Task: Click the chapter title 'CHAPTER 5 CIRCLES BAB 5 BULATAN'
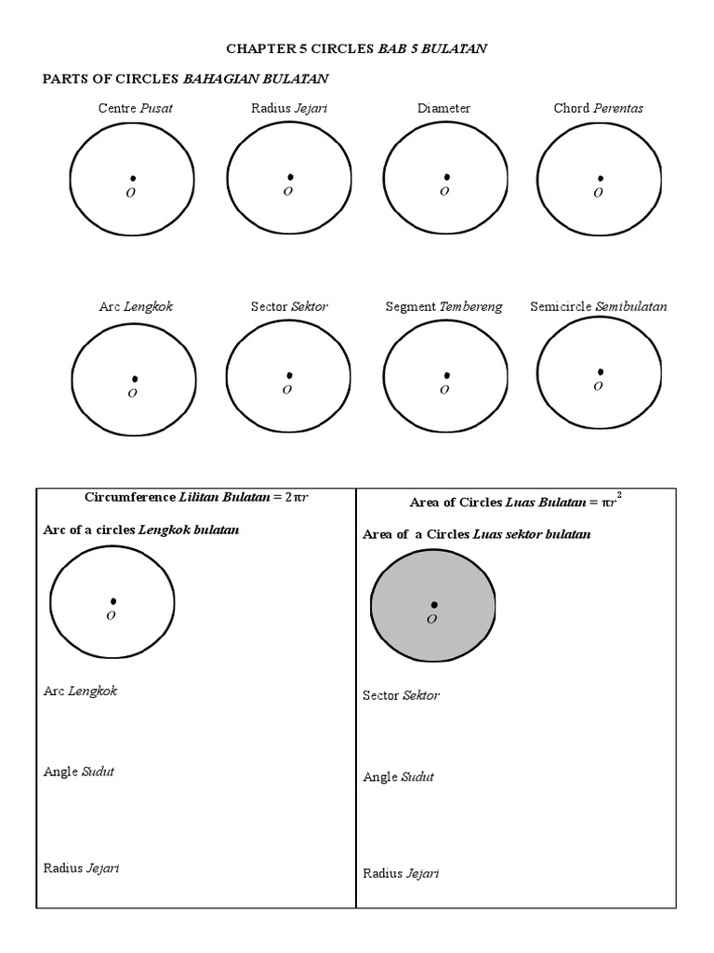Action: [x=357, y=49]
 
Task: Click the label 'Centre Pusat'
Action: [x=135, y=108]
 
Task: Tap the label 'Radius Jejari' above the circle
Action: [x=288, y=108]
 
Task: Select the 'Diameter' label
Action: [x=443, y=108]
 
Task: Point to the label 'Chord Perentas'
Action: [x=598, y=108]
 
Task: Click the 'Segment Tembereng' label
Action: [x=443, y=307]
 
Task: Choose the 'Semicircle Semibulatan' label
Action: [x=598, y=306]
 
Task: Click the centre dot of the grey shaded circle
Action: [x=434, y=605]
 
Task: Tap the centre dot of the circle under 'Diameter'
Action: [x=446, y=177]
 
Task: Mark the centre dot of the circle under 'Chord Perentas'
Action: [x=601, y=178]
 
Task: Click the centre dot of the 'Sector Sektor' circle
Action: [x=289, y=376]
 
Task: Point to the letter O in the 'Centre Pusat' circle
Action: [x=131, y=194]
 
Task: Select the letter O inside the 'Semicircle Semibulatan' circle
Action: [x=598, y=386]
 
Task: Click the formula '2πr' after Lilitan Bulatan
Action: [x=296, y=497]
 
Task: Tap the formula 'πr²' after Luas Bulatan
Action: [x=611, y=501]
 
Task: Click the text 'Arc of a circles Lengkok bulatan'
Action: [x=141, y=530]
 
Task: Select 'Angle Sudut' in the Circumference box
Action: [x=79, y=772]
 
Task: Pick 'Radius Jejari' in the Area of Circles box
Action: [x=401, y=873]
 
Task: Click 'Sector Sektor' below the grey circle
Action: [x=401, y=695]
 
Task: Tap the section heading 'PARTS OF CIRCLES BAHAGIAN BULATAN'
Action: [x=186, y=78]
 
